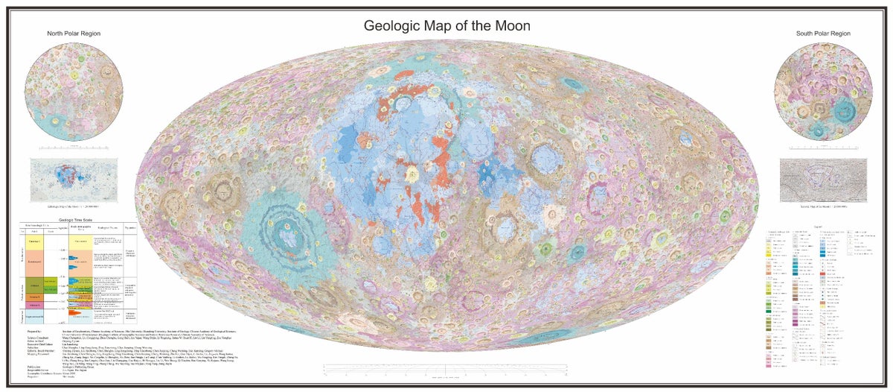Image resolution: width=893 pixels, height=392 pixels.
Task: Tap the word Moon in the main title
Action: pos(510,25)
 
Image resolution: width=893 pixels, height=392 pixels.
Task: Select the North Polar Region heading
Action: pos(74,34)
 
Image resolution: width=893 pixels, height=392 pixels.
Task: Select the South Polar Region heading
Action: pos(822,34)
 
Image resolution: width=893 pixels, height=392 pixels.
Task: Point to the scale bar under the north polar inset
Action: pos(74,148)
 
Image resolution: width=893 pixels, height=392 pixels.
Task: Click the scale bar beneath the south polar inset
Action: pos(822,148)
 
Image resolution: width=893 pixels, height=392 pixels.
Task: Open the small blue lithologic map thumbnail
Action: pos(74,179)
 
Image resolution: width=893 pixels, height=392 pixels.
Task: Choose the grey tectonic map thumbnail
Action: pos(822,179)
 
